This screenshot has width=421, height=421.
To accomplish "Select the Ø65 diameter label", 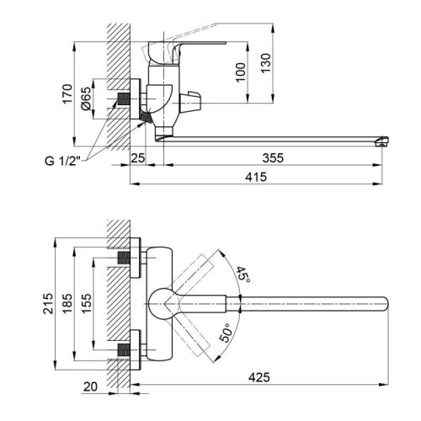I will tap(86, 99).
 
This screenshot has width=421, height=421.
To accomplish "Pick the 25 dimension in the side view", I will tap(138, 157).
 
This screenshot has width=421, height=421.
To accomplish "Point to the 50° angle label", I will tap(226, 333).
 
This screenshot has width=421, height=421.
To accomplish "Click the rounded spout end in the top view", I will tap(383, 301).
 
